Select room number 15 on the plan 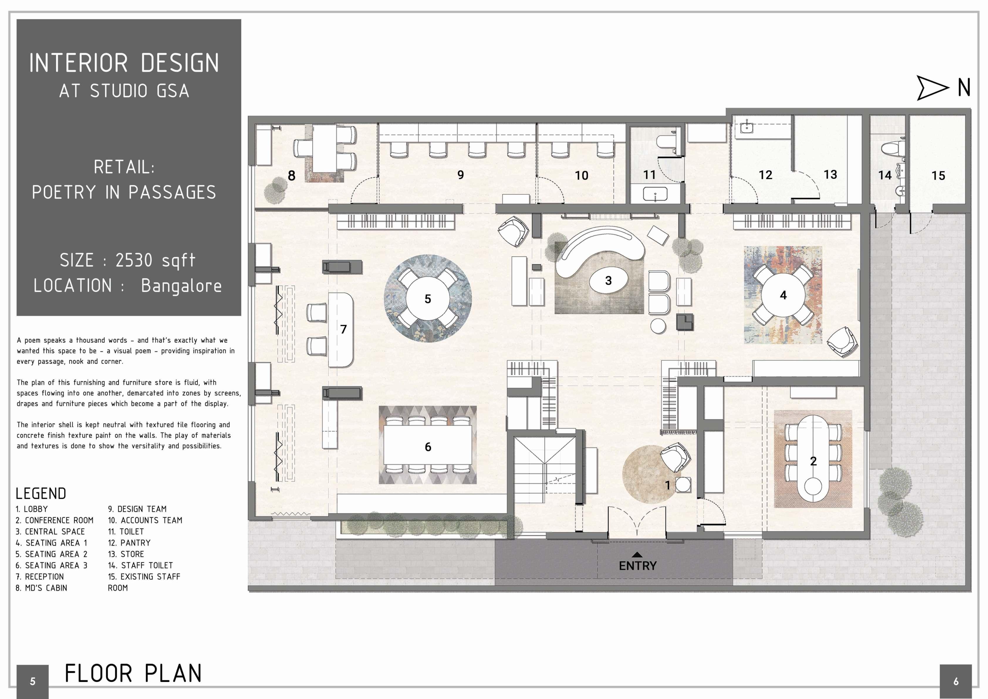[x=938, y=176]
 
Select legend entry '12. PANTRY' [x=129, y=543]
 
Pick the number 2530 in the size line [x=134, y=260]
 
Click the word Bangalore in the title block [x=181, y=286]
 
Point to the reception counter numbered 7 [x=341, y=330]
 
